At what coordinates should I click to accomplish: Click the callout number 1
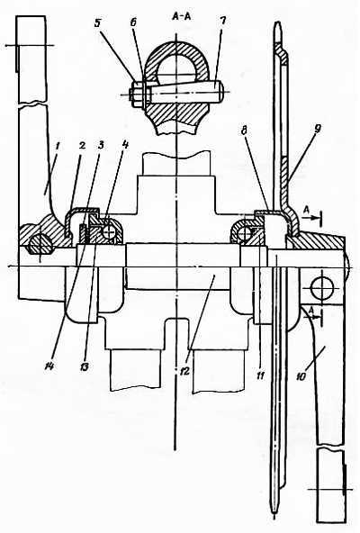coord(58,147)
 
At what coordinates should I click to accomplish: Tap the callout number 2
coord(82,146)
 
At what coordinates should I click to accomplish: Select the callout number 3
coord(101,146)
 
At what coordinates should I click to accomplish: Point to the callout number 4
coord(125,145)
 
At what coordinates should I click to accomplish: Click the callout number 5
coord(97,24)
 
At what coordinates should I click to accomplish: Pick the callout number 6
coord(133,23)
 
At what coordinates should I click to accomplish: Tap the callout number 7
coord(222,22)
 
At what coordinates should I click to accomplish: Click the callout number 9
coord(318,129)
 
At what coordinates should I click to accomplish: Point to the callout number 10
coord(301,376)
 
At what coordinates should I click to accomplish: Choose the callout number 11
coord(260,375)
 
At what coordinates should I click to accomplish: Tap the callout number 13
coord(84,366)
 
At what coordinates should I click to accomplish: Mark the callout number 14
coord(49,366)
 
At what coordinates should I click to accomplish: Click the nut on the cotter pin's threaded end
coord(136,93)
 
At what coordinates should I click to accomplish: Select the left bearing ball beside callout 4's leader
coord(111,233)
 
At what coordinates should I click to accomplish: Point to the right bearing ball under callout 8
coord(244,232)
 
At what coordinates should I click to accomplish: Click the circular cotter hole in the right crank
coord(321,289)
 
